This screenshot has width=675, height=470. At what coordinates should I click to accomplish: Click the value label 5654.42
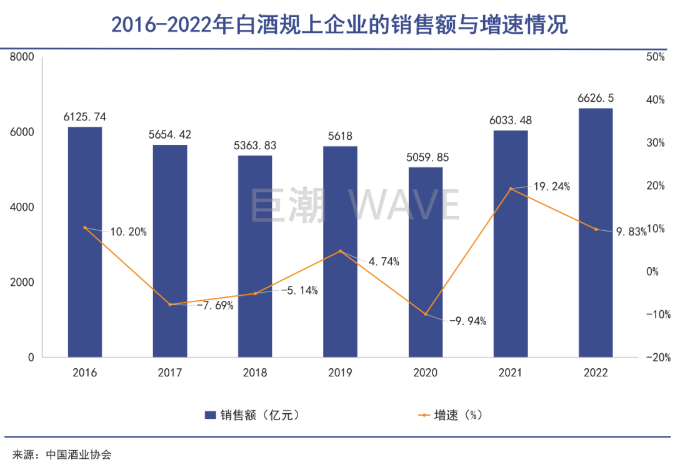(170, 134)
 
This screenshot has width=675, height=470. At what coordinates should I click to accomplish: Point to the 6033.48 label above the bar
(511, 120)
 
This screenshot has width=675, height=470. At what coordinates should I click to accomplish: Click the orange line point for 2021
(511, 188)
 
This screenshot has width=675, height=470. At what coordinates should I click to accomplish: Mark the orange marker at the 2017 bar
(170, 305)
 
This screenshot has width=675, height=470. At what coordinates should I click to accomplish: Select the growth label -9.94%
(467, 321)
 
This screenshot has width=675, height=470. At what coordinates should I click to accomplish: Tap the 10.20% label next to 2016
(128, 232)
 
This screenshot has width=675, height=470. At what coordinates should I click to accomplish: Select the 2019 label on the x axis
(340, 373)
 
